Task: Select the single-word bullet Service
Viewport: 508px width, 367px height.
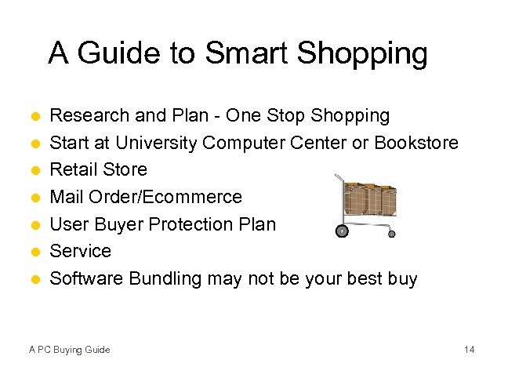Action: tap(81, 251)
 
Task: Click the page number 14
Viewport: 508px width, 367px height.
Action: tap(469, 349)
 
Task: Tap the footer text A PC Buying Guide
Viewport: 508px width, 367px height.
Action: tap(70, 349)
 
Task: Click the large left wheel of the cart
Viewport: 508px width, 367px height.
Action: tap(341, 231)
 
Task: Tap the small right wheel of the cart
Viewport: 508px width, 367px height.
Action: tap(392, 233)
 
